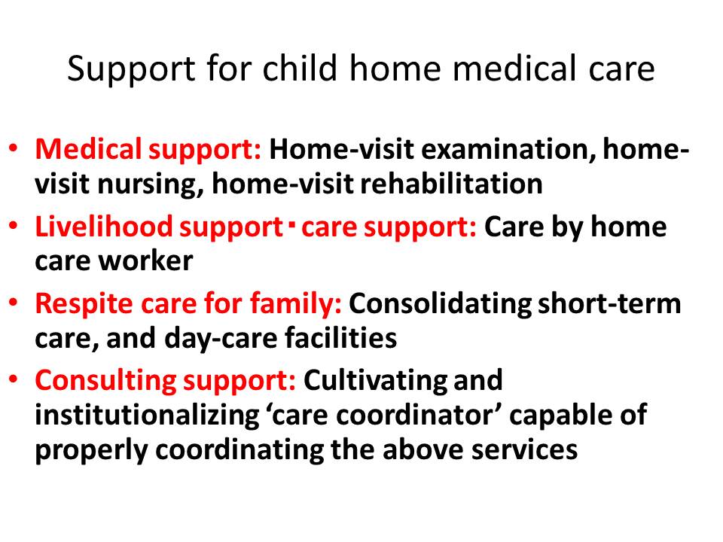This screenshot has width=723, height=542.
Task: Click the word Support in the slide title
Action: (x=131, y=70)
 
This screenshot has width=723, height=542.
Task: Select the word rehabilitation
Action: (x=451, y=184)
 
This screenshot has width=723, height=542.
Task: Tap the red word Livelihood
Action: (x=104, y=227)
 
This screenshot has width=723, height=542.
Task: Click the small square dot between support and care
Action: (x=291, y=225)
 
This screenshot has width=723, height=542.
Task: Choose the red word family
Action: (x=295, y=305)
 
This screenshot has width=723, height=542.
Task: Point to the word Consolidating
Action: (x=440, y=304)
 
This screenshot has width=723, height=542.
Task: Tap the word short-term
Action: (x=609, y=304)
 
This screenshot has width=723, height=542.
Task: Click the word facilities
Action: (x=340, y=338)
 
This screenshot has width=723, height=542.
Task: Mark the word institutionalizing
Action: (x=147, y=416)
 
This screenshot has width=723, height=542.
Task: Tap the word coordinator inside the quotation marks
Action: (x=414, y=416)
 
